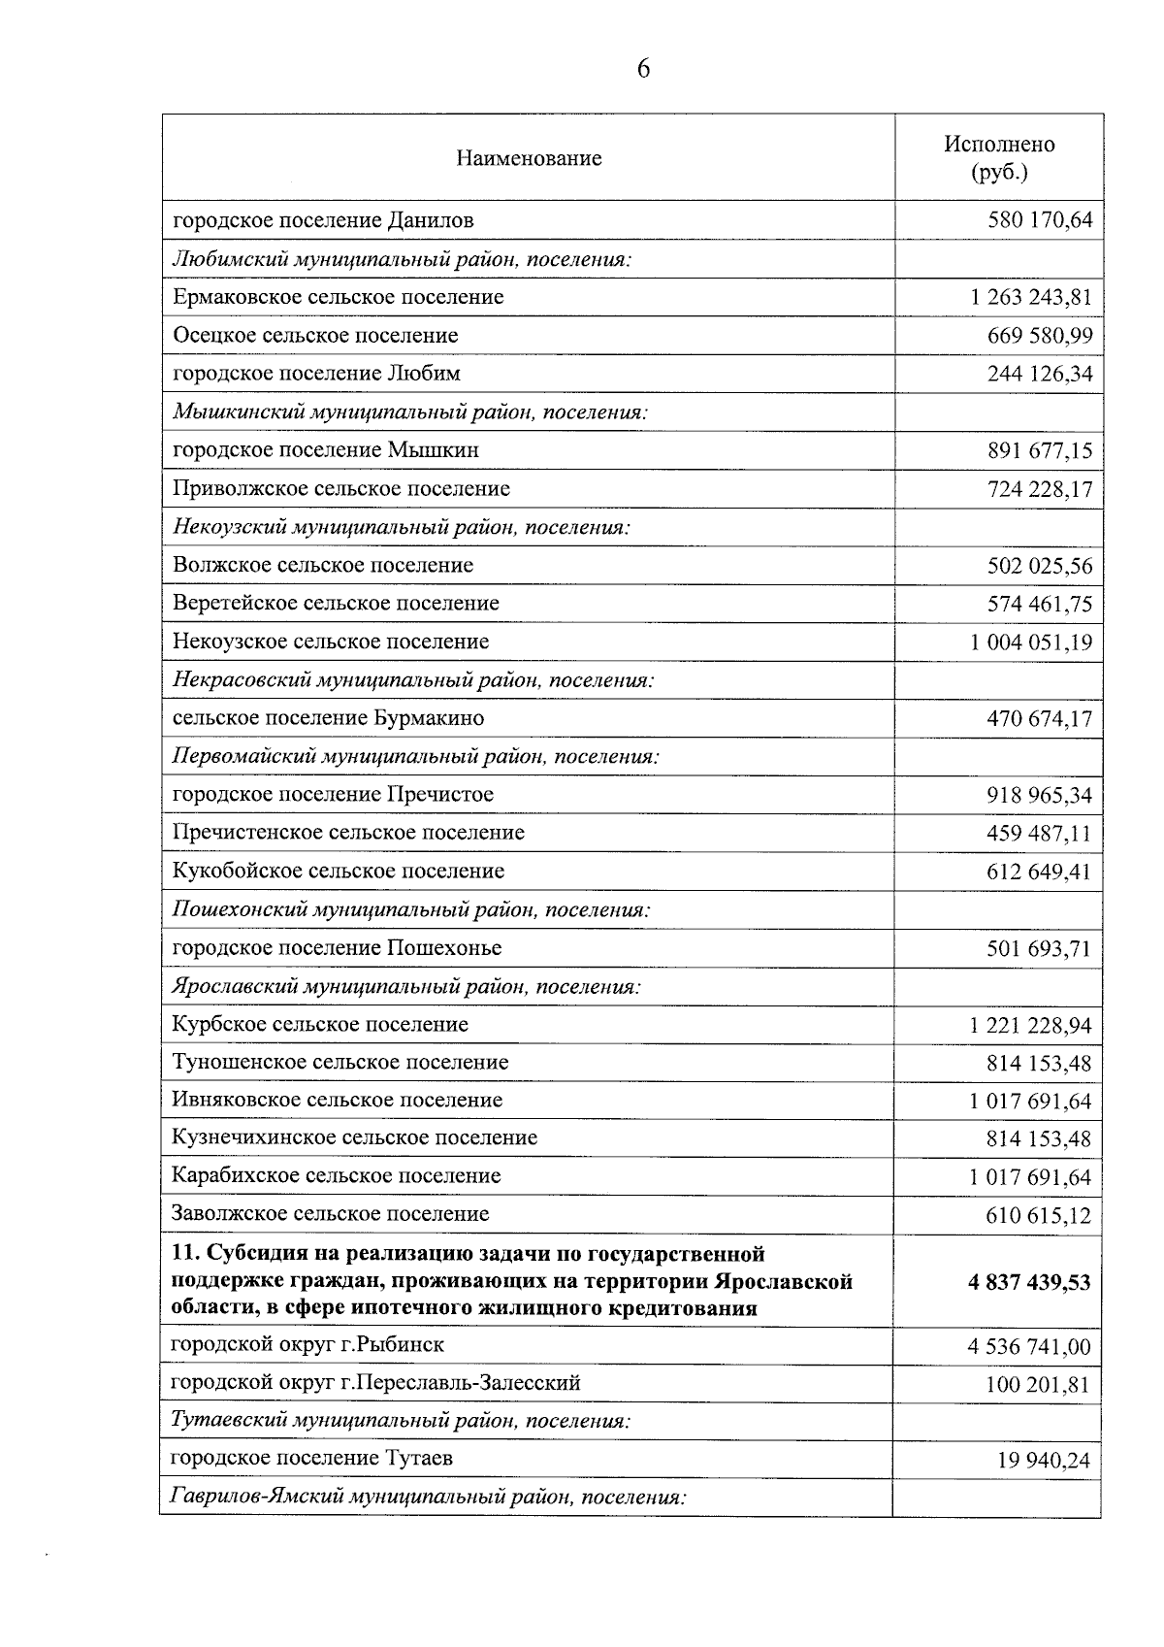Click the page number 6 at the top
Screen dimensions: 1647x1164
643,68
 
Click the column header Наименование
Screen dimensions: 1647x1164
529,158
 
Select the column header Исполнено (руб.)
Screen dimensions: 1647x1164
999,158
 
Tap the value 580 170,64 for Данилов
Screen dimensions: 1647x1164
1039,220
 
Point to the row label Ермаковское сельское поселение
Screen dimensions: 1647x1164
338,297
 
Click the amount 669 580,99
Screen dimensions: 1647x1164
1039,336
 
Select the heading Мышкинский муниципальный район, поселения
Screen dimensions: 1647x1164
409,412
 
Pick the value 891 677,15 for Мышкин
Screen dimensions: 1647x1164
1039,450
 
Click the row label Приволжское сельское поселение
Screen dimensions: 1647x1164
340,488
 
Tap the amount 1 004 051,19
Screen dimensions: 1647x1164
1030,642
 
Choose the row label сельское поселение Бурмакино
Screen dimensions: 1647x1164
328,718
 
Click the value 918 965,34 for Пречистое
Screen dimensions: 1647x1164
1039,796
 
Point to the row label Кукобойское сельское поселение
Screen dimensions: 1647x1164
338,872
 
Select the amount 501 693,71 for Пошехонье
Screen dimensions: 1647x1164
1039,948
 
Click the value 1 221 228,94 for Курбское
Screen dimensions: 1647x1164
1030,1026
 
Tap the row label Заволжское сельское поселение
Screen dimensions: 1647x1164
330,1214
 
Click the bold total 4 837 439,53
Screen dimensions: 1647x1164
1028,1283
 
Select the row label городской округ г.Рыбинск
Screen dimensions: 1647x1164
307,1345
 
